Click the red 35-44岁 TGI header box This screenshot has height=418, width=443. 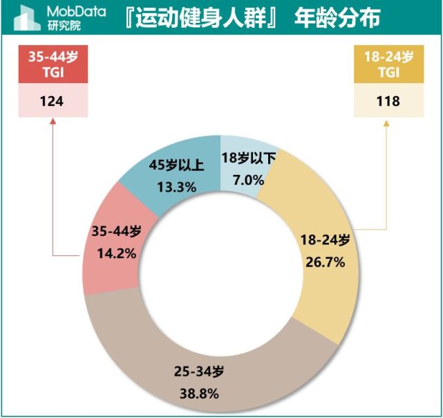pyautogui.click(x=52, y=65)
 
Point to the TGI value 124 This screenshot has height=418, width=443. pyautogui.click(x=52, y=101)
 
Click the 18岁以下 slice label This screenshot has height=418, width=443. pyautogui.click(x=249, y=158)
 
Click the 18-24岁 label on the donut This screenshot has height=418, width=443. pyautogui.click(x=325, y=240)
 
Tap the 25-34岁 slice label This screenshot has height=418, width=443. pyautogui.click(x=200, y=372)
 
